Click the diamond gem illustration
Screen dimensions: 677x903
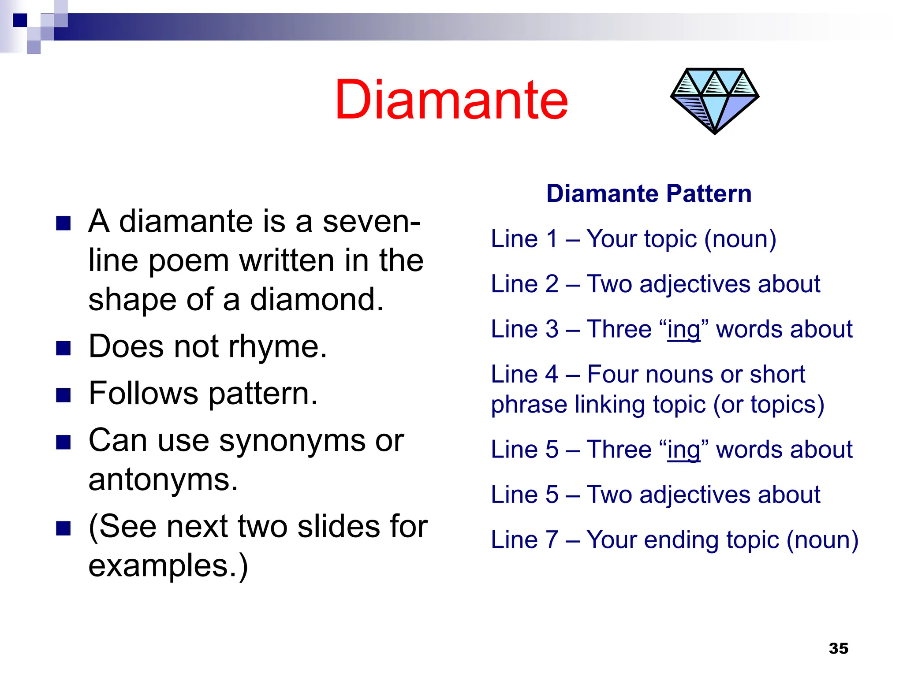pyautogui.click(x=714, y=100)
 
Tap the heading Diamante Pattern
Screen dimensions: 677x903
pyautogui.click(x=649, y=193)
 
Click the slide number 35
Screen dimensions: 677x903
pyautogui.click(x=838, y=648)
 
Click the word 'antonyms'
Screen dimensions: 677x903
pyautogui.click(x=163, y=480)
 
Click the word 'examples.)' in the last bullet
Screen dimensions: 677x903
pyautogui.click(x=168, y=566)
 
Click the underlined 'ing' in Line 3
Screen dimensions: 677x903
pyautogui.click(x=683, y=330)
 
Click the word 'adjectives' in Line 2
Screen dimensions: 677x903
pyautogui.click(x=694, y=284)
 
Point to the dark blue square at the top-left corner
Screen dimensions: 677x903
pyautogui.click(x=20, y=20)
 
